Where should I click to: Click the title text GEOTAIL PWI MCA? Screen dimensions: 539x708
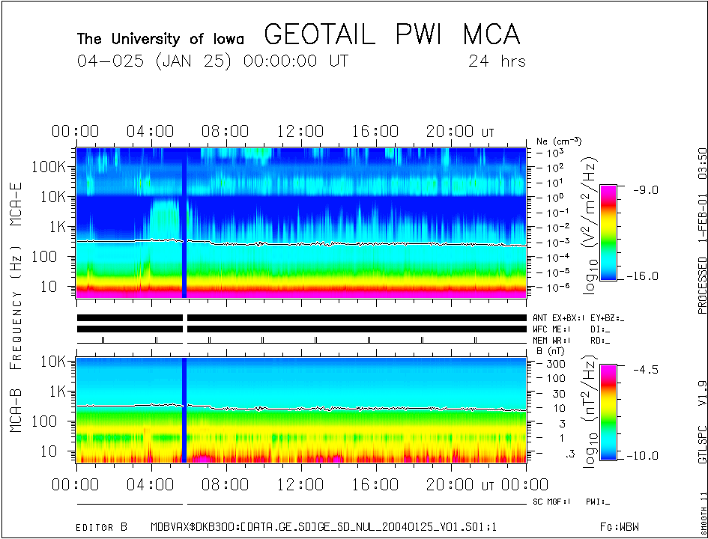click(x=392, y=34)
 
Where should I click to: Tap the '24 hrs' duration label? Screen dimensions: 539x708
click(x=497, y=61)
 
